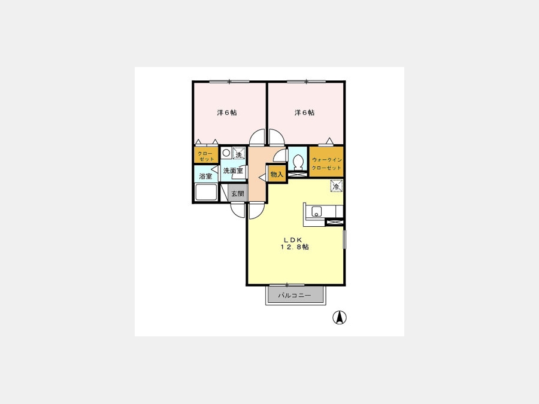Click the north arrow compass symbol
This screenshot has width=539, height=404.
click(340, 317)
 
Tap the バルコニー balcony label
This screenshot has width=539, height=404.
click(294, 296)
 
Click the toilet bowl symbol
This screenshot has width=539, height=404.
click(298, 161)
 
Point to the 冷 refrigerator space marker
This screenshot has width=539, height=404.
click(337, 186)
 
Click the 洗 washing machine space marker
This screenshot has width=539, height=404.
click(239, 153)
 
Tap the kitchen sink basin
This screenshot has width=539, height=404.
click(317, 211)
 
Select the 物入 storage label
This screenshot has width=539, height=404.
click(277, 174)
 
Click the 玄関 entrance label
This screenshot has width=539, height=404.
click(237, 194)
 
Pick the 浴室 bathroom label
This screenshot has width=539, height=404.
click(205, 176)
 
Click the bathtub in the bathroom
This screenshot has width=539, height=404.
click(206, 192)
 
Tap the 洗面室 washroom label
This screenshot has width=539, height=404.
click(233, 171)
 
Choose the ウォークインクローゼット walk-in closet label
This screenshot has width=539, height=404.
click(326, 164)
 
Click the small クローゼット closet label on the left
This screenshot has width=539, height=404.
click(206, 156)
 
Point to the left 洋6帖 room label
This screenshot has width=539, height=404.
click(227, 113)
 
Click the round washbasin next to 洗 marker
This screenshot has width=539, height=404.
click(226, 153)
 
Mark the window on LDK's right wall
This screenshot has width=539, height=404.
click(344, 239)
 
